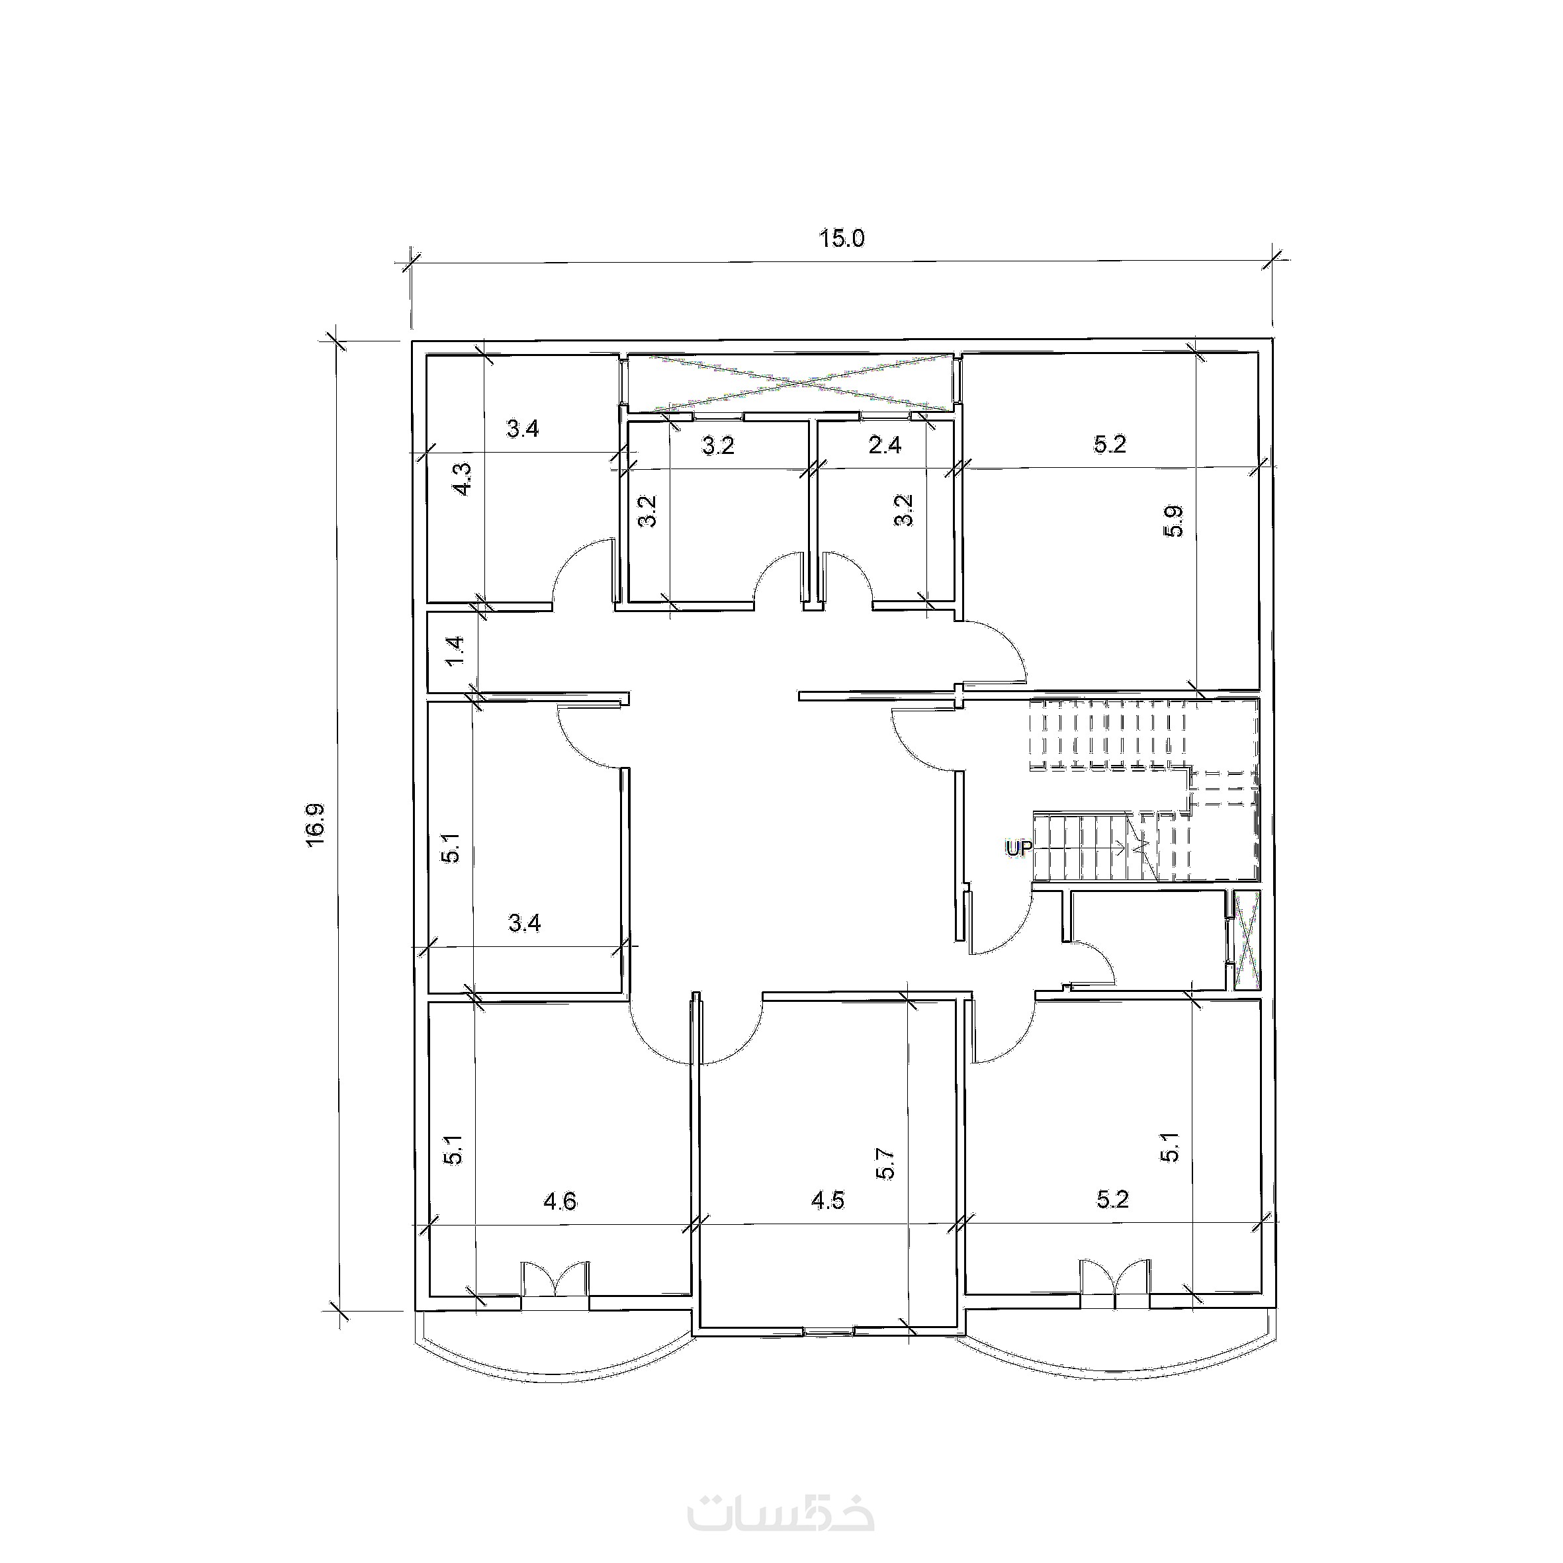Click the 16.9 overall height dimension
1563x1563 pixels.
pos(315,825)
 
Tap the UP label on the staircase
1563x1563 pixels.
pos(1018,848)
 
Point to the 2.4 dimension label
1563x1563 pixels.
pos(884,445)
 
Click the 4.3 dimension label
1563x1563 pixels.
pos(462,479)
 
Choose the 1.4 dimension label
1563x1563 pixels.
pos(455,651)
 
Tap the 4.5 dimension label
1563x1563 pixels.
pos(828,1200)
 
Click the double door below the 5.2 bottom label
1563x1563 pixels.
pos(1115,1286)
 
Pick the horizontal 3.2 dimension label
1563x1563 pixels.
pos(717,446)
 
